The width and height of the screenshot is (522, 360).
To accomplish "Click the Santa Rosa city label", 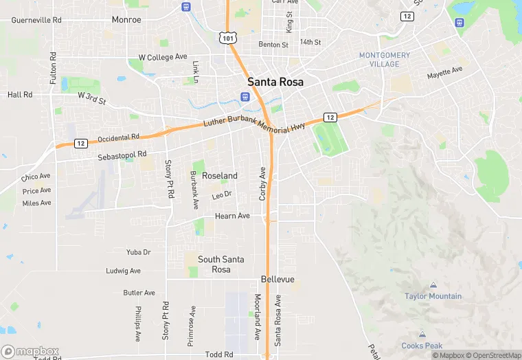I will point(275,81).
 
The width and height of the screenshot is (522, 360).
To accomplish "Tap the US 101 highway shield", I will point(228,38).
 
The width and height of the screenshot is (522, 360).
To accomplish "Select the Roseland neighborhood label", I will point(220,176).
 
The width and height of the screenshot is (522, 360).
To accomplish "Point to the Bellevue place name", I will point(277,280).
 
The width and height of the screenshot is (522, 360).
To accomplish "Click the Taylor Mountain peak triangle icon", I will point(433,285).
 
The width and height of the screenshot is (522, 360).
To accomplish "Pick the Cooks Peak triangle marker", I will point(422,335).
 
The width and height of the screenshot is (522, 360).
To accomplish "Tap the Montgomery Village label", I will point(385,60).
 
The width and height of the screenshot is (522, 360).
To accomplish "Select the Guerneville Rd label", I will point(36,20).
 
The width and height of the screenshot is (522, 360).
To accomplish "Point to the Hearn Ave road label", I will point(232,216).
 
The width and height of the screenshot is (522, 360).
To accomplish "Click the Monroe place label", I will point(126,20).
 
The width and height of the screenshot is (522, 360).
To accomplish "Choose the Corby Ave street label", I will point(262,183).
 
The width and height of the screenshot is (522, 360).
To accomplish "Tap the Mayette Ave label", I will point(445,72).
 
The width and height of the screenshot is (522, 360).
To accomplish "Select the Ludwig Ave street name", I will point(123,271).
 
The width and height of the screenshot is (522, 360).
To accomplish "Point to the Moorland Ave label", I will point(257,317).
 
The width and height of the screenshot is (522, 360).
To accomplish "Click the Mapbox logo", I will point(30,351).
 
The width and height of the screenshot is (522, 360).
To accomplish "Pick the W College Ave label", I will point(163,56).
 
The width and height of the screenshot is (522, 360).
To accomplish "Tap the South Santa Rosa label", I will point(224,264).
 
